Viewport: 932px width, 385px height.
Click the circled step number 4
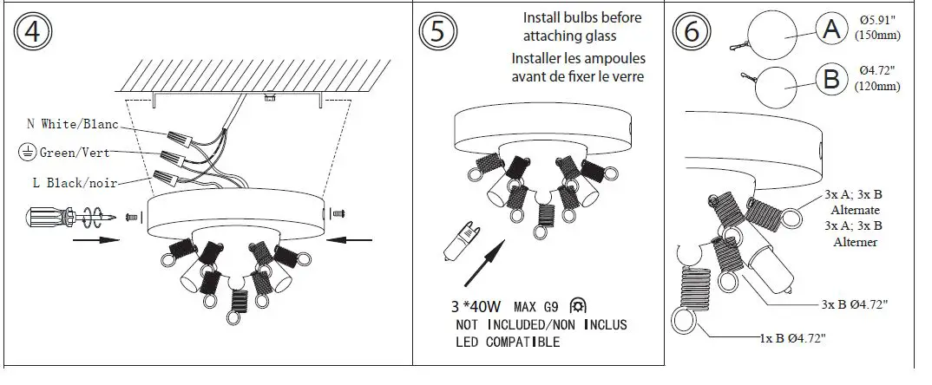tap(32, 33)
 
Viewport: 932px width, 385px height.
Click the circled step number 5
tap(436, 33)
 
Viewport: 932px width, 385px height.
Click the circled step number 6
tap(692, 33)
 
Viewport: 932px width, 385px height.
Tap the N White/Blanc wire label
tap(73, 125)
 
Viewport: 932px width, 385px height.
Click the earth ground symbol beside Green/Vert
tap(26, 153)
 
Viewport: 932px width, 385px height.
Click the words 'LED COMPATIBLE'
tap(508, 342)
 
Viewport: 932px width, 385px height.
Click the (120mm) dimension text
tap(876, 87)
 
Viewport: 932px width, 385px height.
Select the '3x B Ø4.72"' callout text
tap(855, 305)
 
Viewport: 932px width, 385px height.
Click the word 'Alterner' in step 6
tap(855, 243)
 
